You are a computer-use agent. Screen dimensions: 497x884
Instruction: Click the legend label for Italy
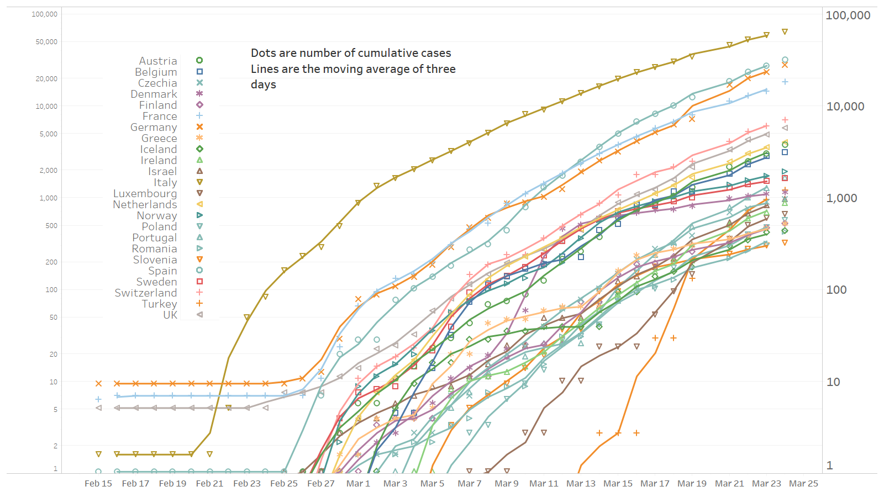[165, 182]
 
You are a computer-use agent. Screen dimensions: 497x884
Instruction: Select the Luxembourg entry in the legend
[145, 193]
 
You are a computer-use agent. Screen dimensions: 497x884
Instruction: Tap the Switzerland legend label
[146, 293]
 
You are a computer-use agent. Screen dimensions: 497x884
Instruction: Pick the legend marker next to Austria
[199, 61]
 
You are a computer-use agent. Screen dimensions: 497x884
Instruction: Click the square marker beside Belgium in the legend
[199, 72]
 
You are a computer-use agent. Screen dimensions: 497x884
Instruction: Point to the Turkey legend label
[159, 304]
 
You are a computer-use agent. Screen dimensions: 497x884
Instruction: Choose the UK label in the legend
[170, 315]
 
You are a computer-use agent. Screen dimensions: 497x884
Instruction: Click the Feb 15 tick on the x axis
[98, 483]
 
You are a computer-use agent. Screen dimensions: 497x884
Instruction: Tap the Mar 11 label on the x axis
[544, 483]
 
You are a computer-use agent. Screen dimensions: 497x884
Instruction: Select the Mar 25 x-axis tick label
[803, 483]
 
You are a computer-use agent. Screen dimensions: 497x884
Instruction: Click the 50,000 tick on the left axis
[46, 42]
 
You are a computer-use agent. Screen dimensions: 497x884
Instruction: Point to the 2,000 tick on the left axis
[48, 171]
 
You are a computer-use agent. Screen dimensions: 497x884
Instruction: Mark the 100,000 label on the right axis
[848, 15]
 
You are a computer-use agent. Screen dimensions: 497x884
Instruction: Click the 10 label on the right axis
[833, 382]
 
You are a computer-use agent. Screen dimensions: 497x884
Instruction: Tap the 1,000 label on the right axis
[841, 198]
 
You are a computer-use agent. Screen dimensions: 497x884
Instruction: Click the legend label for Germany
[154, 127]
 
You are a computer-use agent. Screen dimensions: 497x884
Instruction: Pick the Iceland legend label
[159, 149]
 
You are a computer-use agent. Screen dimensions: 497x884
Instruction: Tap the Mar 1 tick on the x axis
[358, 483]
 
